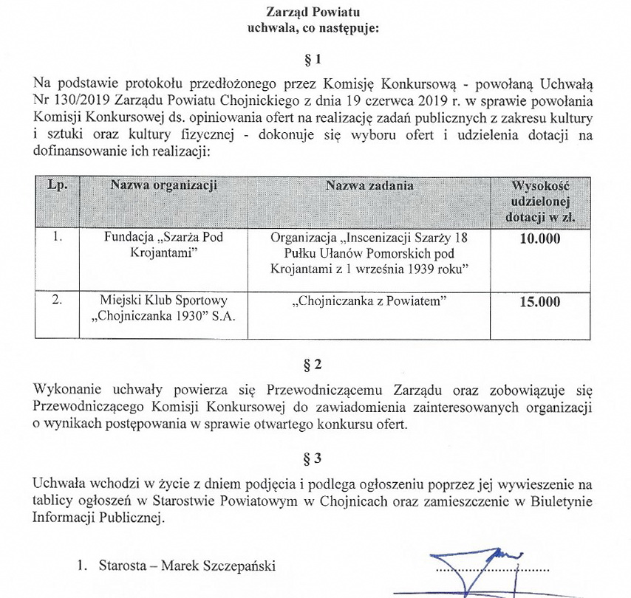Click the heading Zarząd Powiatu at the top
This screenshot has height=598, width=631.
315,11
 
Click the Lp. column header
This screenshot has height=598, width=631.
57,186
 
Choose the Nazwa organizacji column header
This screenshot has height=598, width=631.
163,186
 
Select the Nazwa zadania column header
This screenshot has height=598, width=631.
369,186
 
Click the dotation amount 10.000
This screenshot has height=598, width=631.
539,239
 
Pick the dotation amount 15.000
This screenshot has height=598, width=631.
539,302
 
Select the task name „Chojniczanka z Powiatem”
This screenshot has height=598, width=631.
369,301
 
